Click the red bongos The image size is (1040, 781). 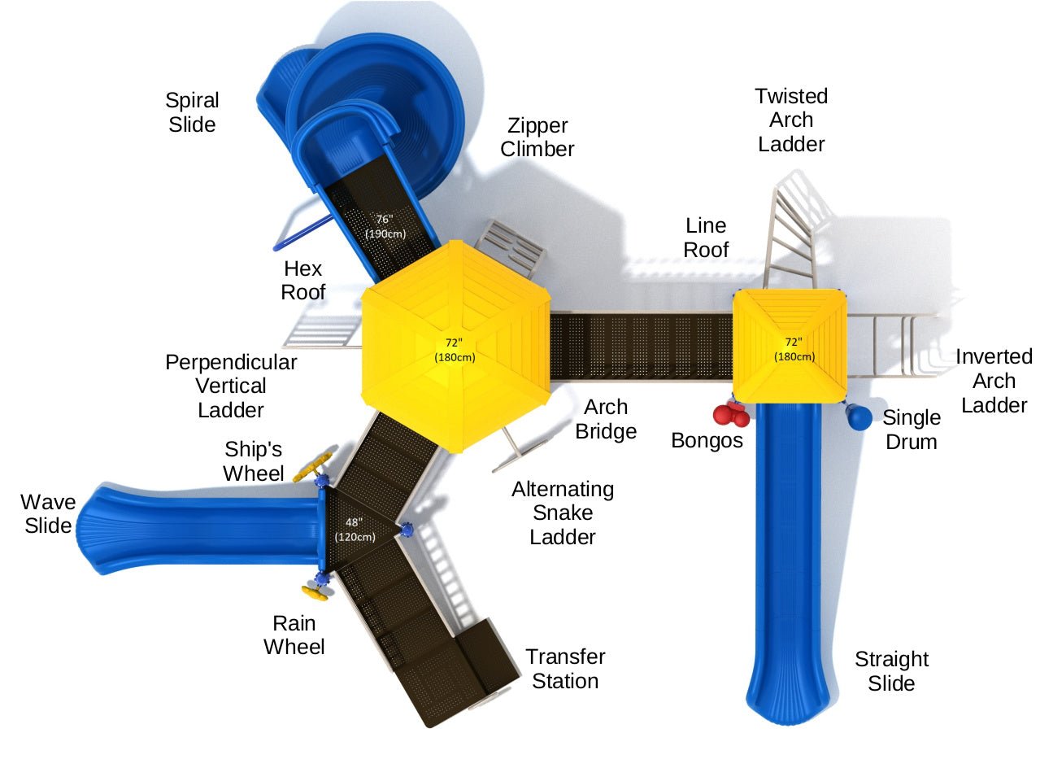click(x=731, y=415)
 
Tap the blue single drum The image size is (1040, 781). click(x=859, y=417)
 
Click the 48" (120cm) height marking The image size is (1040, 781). click(x=355, y=530)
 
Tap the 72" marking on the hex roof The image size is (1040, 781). click(x=454, y=350)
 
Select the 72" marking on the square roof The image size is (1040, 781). click(x=794, y=349)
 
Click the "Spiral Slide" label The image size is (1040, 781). click(x=192, y=112)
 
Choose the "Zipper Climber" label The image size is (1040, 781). click(x=537, y=137)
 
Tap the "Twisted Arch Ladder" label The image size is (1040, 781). click(x=790, y=120)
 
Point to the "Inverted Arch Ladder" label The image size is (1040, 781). click(x=994, y=381)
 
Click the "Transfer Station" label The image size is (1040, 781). click(x=565, y=669)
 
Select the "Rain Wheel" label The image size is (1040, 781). click(x=294, y=635)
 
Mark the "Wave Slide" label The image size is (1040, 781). click(x=48, y=513)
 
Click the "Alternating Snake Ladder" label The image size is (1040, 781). click(x=563, y=513)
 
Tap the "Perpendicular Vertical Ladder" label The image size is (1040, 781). click(x=231, y=386)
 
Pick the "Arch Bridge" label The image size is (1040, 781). click(x=606, y=419)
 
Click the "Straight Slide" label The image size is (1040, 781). click(x=891, y=671)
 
